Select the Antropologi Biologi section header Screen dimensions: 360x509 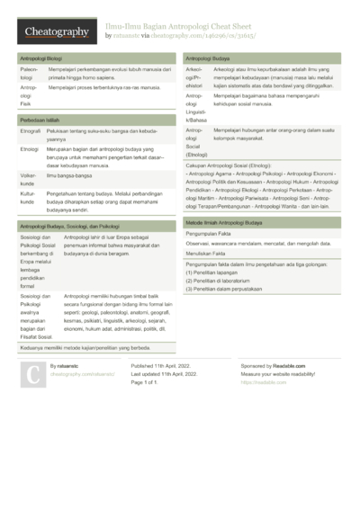click(x=40, y=58)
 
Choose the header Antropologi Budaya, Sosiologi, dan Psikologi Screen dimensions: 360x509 click(x=69, y=227)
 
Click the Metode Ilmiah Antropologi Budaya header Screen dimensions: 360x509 click(x=224, y=221)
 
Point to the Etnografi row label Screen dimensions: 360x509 click(x=30, y=132)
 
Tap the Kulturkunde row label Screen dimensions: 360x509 click(x=29, y=197)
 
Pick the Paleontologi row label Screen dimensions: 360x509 click(x=29, y=73)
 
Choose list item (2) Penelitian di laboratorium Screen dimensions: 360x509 click(x=226, y=281)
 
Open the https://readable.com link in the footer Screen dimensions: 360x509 click(x=257, y=382)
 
